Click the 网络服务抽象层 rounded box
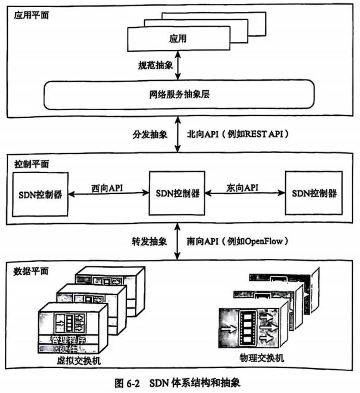pyautogui.click(x=179, y=95)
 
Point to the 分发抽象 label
pyautogui.click(x=150, y=134)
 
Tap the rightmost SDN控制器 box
pyautogui.click(x=314, y=193)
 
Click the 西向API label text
pyautogui.click(x=107, y=188)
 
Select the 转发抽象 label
pyautogui.click(x=150, y=241)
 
